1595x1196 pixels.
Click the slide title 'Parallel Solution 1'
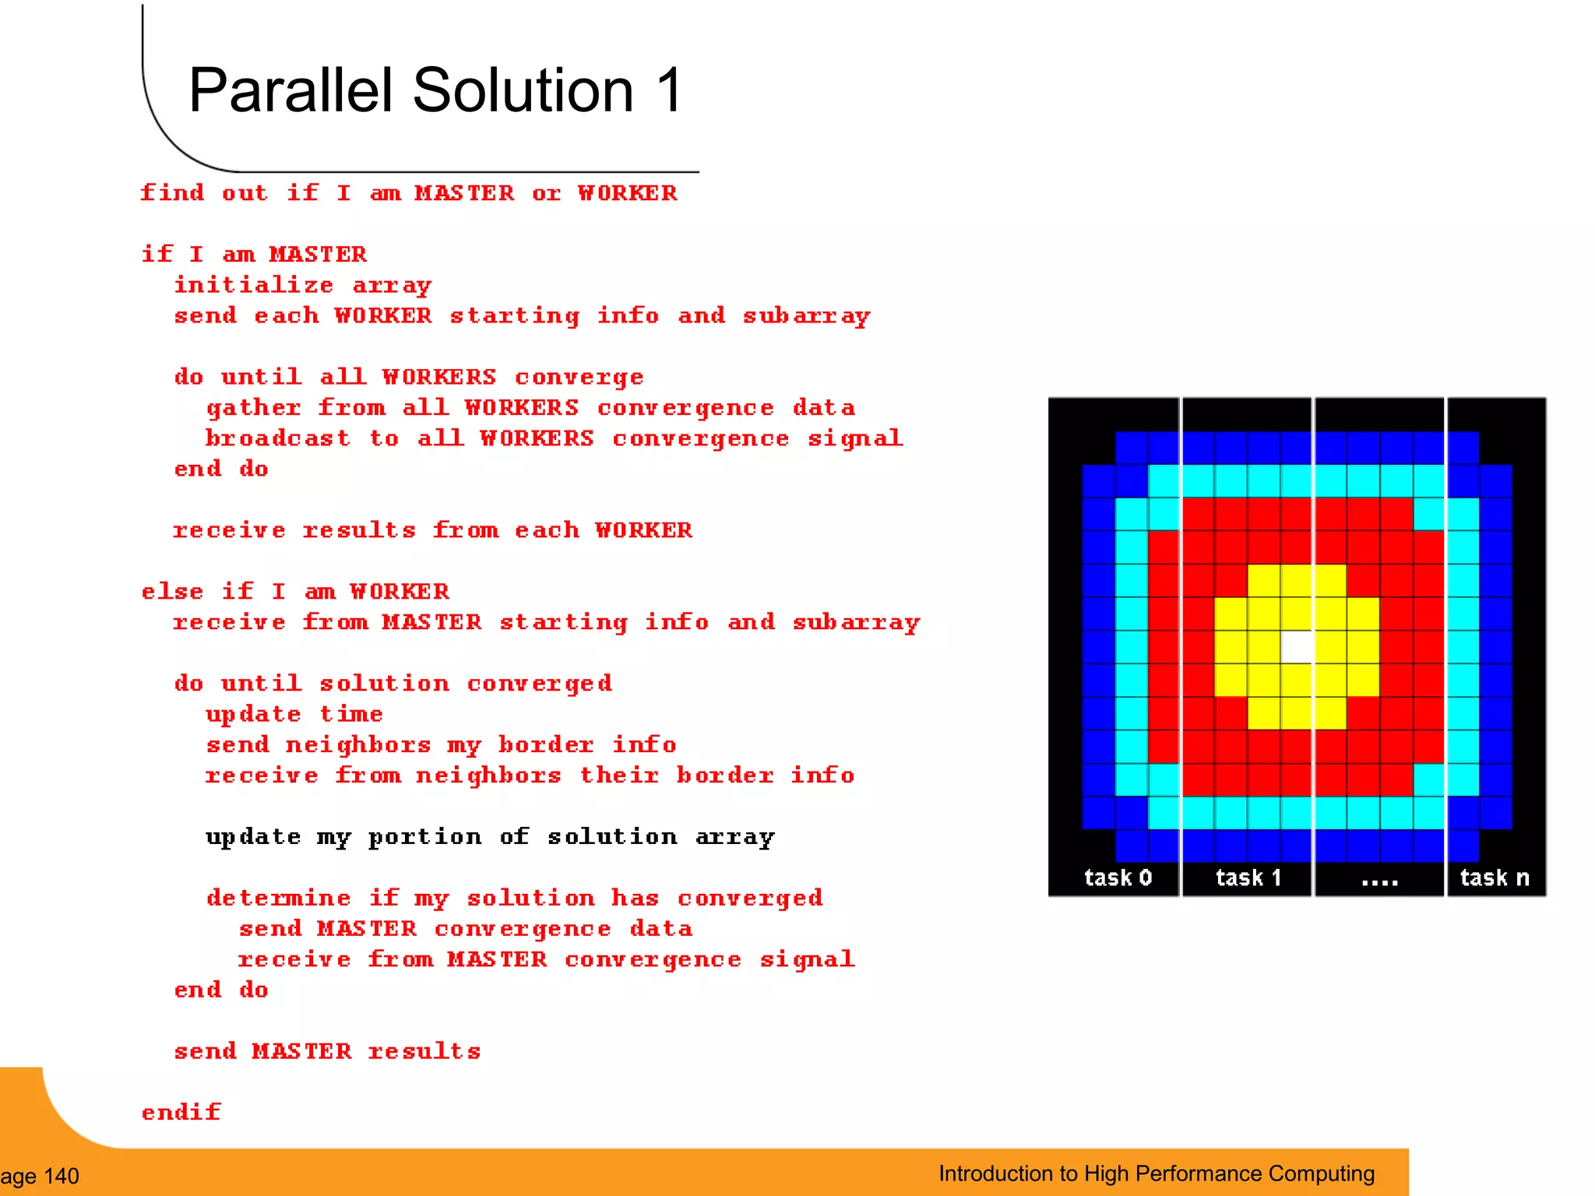click(436, 90)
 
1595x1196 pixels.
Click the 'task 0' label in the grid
click(1118, 878)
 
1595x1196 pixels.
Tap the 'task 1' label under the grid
click(1248, 878)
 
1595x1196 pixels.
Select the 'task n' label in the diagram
click(1494, 878)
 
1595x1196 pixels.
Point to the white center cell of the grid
click(1297, 646)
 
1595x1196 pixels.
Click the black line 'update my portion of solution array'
click(490, 837)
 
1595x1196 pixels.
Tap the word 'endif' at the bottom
click(181, 1112)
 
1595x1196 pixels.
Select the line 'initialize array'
click(302, 286)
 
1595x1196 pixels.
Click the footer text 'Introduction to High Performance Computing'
click(1157, 1173)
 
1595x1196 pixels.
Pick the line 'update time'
click(294, 715)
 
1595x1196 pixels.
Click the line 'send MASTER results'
click(327, 1051)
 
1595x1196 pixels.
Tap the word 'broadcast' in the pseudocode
click(277, 438)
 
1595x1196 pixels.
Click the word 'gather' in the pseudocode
click(253, 408)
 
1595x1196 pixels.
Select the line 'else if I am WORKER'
click(295, 592)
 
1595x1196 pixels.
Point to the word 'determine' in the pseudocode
click(278, 898)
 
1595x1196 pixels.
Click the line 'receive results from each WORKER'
click(432, 530)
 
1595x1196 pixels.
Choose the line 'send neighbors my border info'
click(441, 745)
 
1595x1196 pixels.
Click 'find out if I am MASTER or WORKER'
click(409, 193)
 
